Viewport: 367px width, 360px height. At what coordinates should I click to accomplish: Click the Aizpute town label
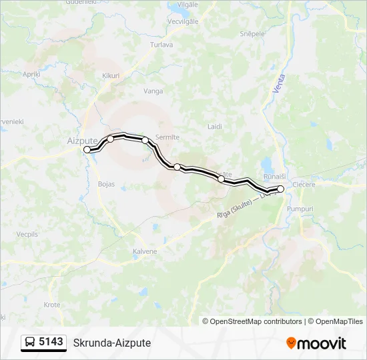pos(82,141)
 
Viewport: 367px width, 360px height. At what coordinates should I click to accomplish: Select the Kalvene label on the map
pos(145,251)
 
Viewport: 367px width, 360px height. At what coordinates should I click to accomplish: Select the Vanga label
pos(153,91)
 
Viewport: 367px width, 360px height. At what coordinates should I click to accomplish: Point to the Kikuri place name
pos(110,76)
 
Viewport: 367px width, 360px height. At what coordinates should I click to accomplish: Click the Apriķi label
pos(31,74)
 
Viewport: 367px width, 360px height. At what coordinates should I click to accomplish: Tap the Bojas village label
pos(106,183)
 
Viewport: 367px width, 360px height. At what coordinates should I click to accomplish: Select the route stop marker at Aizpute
pos(87,150)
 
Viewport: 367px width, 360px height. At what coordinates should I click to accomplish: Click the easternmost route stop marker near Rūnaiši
pos(281,189)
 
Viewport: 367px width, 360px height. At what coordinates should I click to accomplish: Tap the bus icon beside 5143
pos(30,343)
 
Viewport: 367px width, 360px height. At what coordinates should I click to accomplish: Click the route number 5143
pos(51,342)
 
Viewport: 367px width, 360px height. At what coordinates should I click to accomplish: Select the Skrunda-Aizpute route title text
pos(112,343)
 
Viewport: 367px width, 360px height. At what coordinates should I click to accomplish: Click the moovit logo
pos(316,343)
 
